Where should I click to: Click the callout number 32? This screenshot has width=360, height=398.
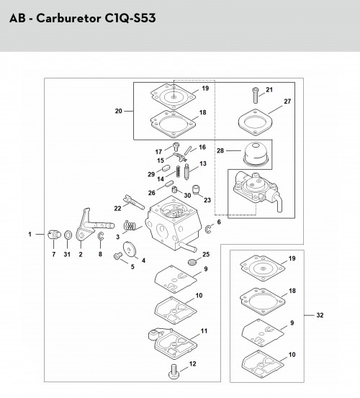pyautogui.click(x=320, y=315)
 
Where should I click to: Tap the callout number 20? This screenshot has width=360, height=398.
pyautogui.click(x=119, y=111)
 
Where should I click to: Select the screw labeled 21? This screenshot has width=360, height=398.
pyautogui.click(x=256, y=95)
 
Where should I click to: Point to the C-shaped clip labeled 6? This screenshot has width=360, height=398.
pyautogui.click(x=207, y=229)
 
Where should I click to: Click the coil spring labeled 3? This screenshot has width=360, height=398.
pyautogui.click(x=130, y=226)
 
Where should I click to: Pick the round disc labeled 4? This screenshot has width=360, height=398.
pyautogui.click(x=129, y=249)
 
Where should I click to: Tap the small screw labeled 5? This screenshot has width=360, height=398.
pyautogui.click(x=118, y=255)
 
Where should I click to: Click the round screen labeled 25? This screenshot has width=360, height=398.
pyautogui.click(x=192, y=261)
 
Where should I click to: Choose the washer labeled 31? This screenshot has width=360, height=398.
pyautogui.click(x=68, y=235)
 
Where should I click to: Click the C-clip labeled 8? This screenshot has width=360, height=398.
pyautogui.click(x=101, y=236)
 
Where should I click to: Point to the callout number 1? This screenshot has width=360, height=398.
pyautogui.click(x=30, y=234)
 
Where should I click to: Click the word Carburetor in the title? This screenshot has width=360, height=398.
pyautogui.click(x=69, y=18)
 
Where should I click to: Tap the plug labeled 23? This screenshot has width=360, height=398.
pyautogui.click(x=196, y=189)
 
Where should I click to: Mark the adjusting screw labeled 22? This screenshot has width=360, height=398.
pyautogui.click(x=133, y=202)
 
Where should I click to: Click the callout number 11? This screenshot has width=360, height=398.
pyautogui.click(x=204, y=331)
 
